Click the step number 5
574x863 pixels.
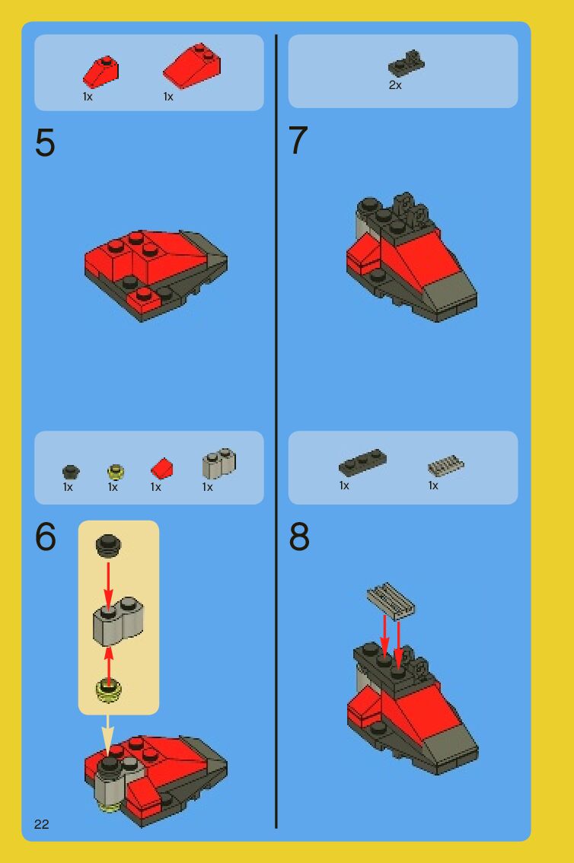pos(45,143)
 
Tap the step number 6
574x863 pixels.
pos(45,537)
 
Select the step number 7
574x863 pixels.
pos(298,140)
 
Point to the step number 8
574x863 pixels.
pos(299,537)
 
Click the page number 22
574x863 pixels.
pos(41,824)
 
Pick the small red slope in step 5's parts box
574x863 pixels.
pos(100,72)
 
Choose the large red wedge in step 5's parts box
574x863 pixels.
pos(192,65)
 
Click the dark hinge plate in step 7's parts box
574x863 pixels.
pos(407,63)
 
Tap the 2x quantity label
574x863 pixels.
pos(395,85)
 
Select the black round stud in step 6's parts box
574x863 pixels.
pos(71,472)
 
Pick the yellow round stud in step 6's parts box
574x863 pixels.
pos(116,472)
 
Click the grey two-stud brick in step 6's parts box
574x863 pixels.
pos(219,463)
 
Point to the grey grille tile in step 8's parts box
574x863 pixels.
pos(446,465)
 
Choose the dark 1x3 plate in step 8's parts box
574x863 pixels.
pos(362,463)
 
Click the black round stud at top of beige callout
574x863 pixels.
pos(108,546)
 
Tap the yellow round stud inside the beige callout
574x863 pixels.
pos(108,691)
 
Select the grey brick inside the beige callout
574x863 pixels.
pos(118,621)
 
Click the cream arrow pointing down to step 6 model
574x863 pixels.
pos(108,735)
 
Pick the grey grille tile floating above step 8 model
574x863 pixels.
pos(391,601)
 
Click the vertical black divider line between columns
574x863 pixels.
pos(276,431)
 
